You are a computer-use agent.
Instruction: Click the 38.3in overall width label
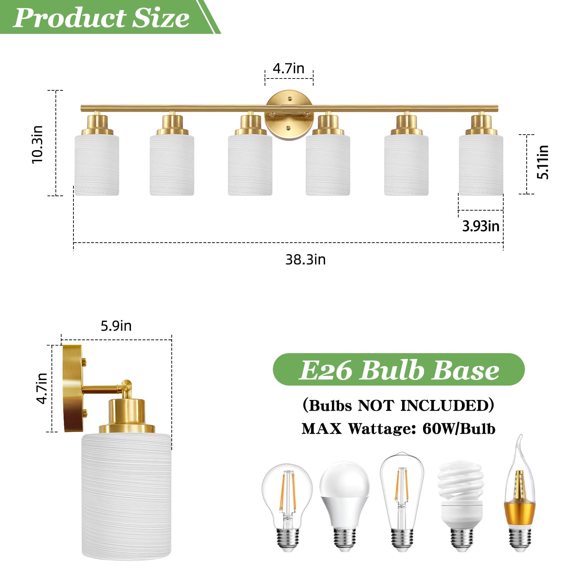tap(305, 260)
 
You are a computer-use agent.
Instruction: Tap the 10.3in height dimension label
tap(37, 144)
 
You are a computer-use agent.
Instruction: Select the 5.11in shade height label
tap(543, 162)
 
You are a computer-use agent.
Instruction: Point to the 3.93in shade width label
tap(481, 226)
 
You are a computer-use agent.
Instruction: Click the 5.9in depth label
tap(116, 326)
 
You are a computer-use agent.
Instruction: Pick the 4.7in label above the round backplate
tap(288, 68)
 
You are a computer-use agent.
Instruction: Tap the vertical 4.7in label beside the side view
tap(42, 388)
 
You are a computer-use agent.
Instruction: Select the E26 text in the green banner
tap(325, 370)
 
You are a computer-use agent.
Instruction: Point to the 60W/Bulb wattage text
tap(459, 429)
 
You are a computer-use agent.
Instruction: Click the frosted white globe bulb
tap(345, 504)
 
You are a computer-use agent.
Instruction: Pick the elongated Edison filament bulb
tap(402, 500)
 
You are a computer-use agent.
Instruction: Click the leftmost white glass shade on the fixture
tap(97, 165)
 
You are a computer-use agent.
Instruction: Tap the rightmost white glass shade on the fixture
tap(481, 165)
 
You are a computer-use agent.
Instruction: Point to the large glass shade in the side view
tap(126, 497)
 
